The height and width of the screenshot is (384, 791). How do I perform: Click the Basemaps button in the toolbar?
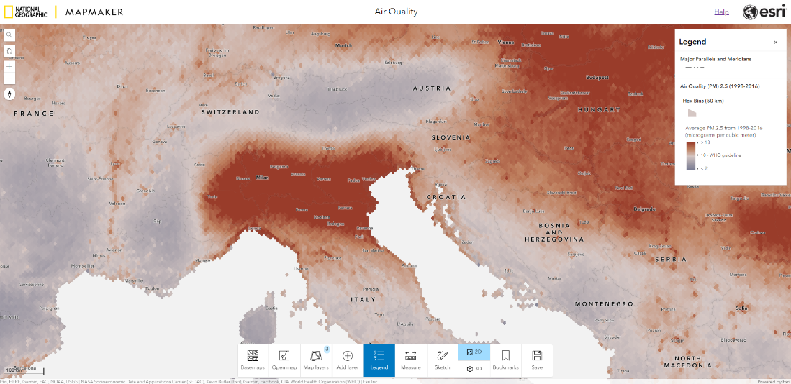click(x=253, y=360)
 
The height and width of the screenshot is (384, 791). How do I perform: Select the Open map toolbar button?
click(x=284, y=360)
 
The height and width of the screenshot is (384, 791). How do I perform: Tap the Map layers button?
click(x=316, y=360)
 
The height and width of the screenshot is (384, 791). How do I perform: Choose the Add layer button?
click(x=348, y=360)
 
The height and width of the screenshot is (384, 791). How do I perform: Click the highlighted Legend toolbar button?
click(x=379, y=360)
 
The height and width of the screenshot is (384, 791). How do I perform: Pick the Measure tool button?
click(x=411, y=360)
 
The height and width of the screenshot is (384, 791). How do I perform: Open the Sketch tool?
click(x=443, y=360)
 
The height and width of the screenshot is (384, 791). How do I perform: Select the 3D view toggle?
click(x=474, y=368)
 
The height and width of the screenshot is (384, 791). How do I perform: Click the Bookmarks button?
click(x=506, y=360)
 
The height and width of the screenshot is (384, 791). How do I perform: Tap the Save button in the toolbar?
click(x=537, y=360)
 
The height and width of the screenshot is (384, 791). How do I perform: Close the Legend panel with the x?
click(x=775, y=42)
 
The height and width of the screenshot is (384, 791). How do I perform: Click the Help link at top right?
click(x=721, y=12)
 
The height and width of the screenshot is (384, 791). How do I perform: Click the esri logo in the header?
click(x=764, y=12)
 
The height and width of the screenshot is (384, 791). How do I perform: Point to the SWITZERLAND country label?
click(x=230, y=113)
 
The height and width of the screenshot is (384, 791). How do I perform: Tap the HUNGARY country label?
click(x=598, y=110)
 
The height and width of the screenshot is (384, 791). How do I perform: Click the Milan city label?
click(x=262, y=177)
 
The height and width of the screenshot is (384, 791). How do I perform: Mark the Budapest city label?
click(x=597, y=77)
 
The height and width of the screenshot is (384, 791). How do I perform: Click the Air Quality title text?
click(x=396, y=12)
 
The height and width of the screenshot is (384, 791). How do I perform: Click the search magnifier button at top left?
click(x=9, y=35)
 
